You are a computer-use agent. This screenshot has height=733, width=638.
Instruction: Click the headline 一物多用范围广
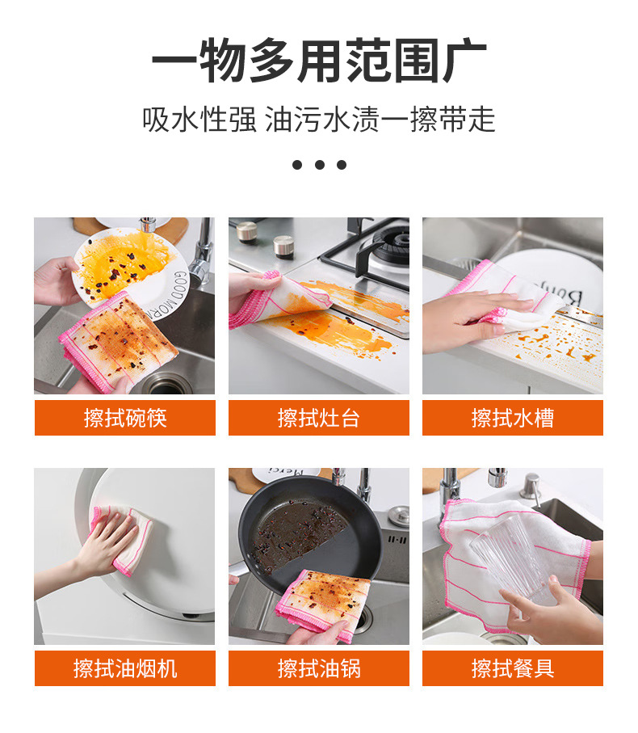(x=319, y=61)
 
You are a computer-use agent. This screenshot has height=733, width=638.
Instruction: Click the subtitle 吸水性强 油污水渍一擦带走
(x=319, y=120)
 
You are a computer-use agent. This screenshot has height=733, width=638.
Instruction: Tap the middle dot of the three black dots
(x=320, y=165)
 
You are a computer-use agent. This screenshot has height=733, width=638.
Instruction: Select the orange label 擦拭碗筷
(x=125, y=418)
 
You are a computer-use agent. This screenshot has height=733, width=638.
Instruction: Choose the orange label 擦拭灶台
(x=319, y=418)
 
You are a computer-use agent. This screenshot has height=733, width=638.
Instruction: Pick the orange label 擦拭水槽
(x=513, y=418)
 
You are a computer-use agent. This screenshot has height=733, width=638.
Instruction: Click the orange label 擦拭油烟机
(x=125, y=668)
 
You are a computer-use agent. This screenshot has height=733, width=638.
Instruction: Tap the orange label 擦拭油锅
(x=319, y=668)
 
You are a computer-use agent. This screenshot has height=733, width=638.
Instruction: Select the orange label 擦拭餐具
(x=513, y=668)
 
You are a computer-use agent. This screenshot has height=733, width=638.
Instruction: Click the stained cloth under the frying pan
(x=322, y=603)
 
